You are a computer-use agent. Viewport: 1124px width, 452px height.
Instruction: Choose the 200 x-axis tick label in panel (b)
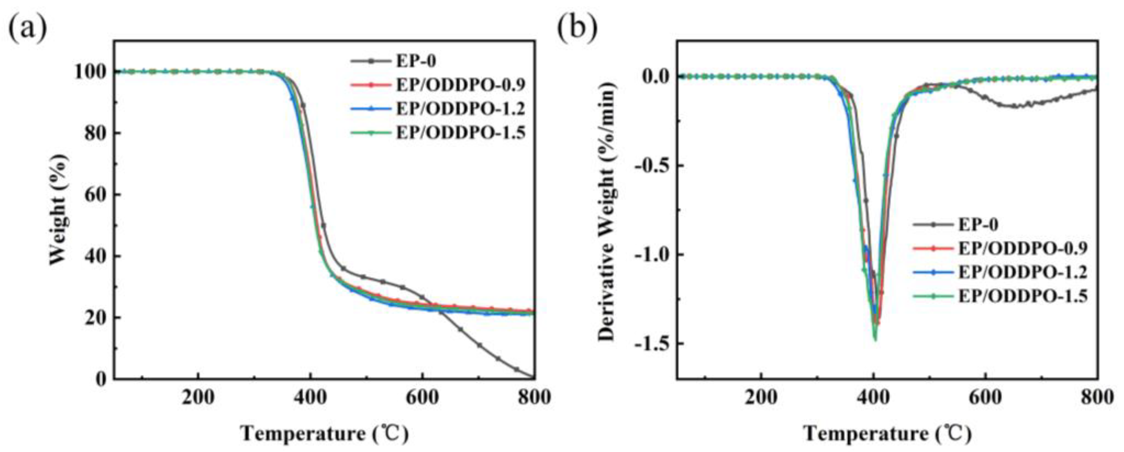[761, 398]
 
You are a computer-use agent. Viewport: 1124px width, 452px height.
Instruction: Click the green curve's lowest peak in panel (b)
[874, 340]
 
